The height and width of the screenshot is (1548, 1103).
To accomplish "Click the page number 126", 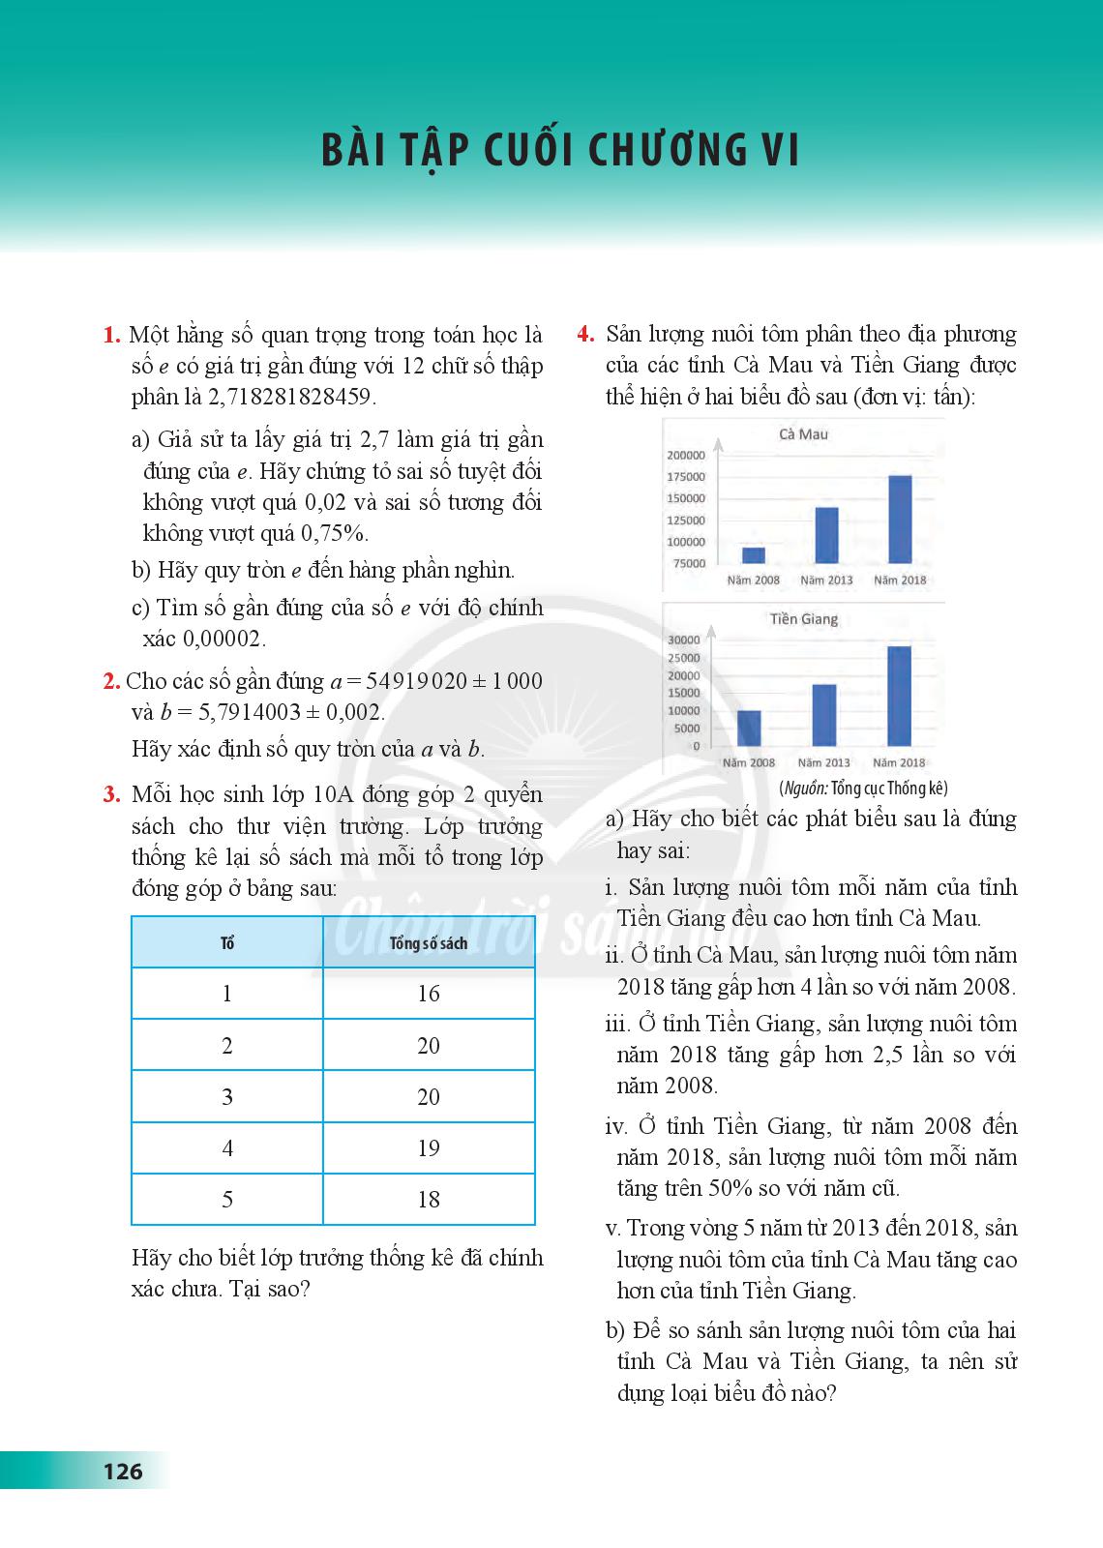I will pyautogui.click(x=123, y=1472).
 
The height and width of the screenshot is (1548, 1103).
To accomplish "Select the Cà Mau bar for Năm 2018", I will pyautogui.click(x=900, y=520).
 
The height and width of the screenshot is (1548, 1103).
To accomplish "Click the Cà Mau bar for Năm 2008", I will pyautogui.click(x=754, y=555).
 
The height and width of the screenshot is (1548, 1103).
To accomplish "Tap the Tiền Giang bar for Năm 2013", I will pyautogui.click(x=824, y=715).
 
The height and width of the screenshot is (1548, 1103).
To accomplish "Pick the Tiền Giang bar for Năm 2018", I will pyautogui.click(x=899, y=697).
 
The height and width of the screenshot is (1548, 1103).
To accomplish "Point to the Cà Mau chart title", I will pyautogui.click(x=803, y=434).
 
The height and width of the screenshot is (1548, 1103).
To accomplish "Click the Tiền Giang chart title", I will pyautogui.click(x=804, y=619).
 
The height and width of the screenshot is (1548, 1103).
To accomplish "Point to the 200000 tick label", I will pyautogui.click(x=686, y=455).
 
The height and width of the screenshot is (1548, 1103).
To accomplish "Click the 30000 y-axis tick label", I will pyautogui.click(x=684, y=640).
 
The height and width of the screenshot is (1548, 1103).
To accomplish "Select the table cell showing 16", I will pyautogui.click(x=429, y=994).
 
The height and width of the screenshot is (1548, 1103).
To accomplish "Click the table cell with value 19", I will pyautogui.click(x=429, y=1148).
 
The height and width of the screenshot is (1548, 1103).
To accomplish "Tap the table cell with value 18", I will pyautogui.click(x=429, y=1200).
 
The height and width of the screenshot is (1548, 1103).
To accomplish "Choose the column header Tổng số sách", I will pyautogui.click(x=429, y=943).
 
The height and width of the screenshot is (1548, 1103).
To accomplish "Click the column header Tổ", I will pyautogui.click(x=227, y=943).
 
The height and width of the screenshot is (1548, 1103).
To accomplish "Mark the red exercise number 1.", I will pyautogui.click(x=111, y=336).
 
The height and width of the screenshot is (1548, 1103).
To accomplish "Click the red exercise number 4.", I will pyautogui.click(x=585, y=335).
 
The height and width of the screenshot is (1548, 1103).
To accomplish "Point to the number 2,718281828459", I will pyautogui.click(x=291, y=397).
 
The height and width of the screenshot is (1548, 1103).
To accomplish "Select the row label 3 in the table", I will pyautogui.click(x=227, y=1097).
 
